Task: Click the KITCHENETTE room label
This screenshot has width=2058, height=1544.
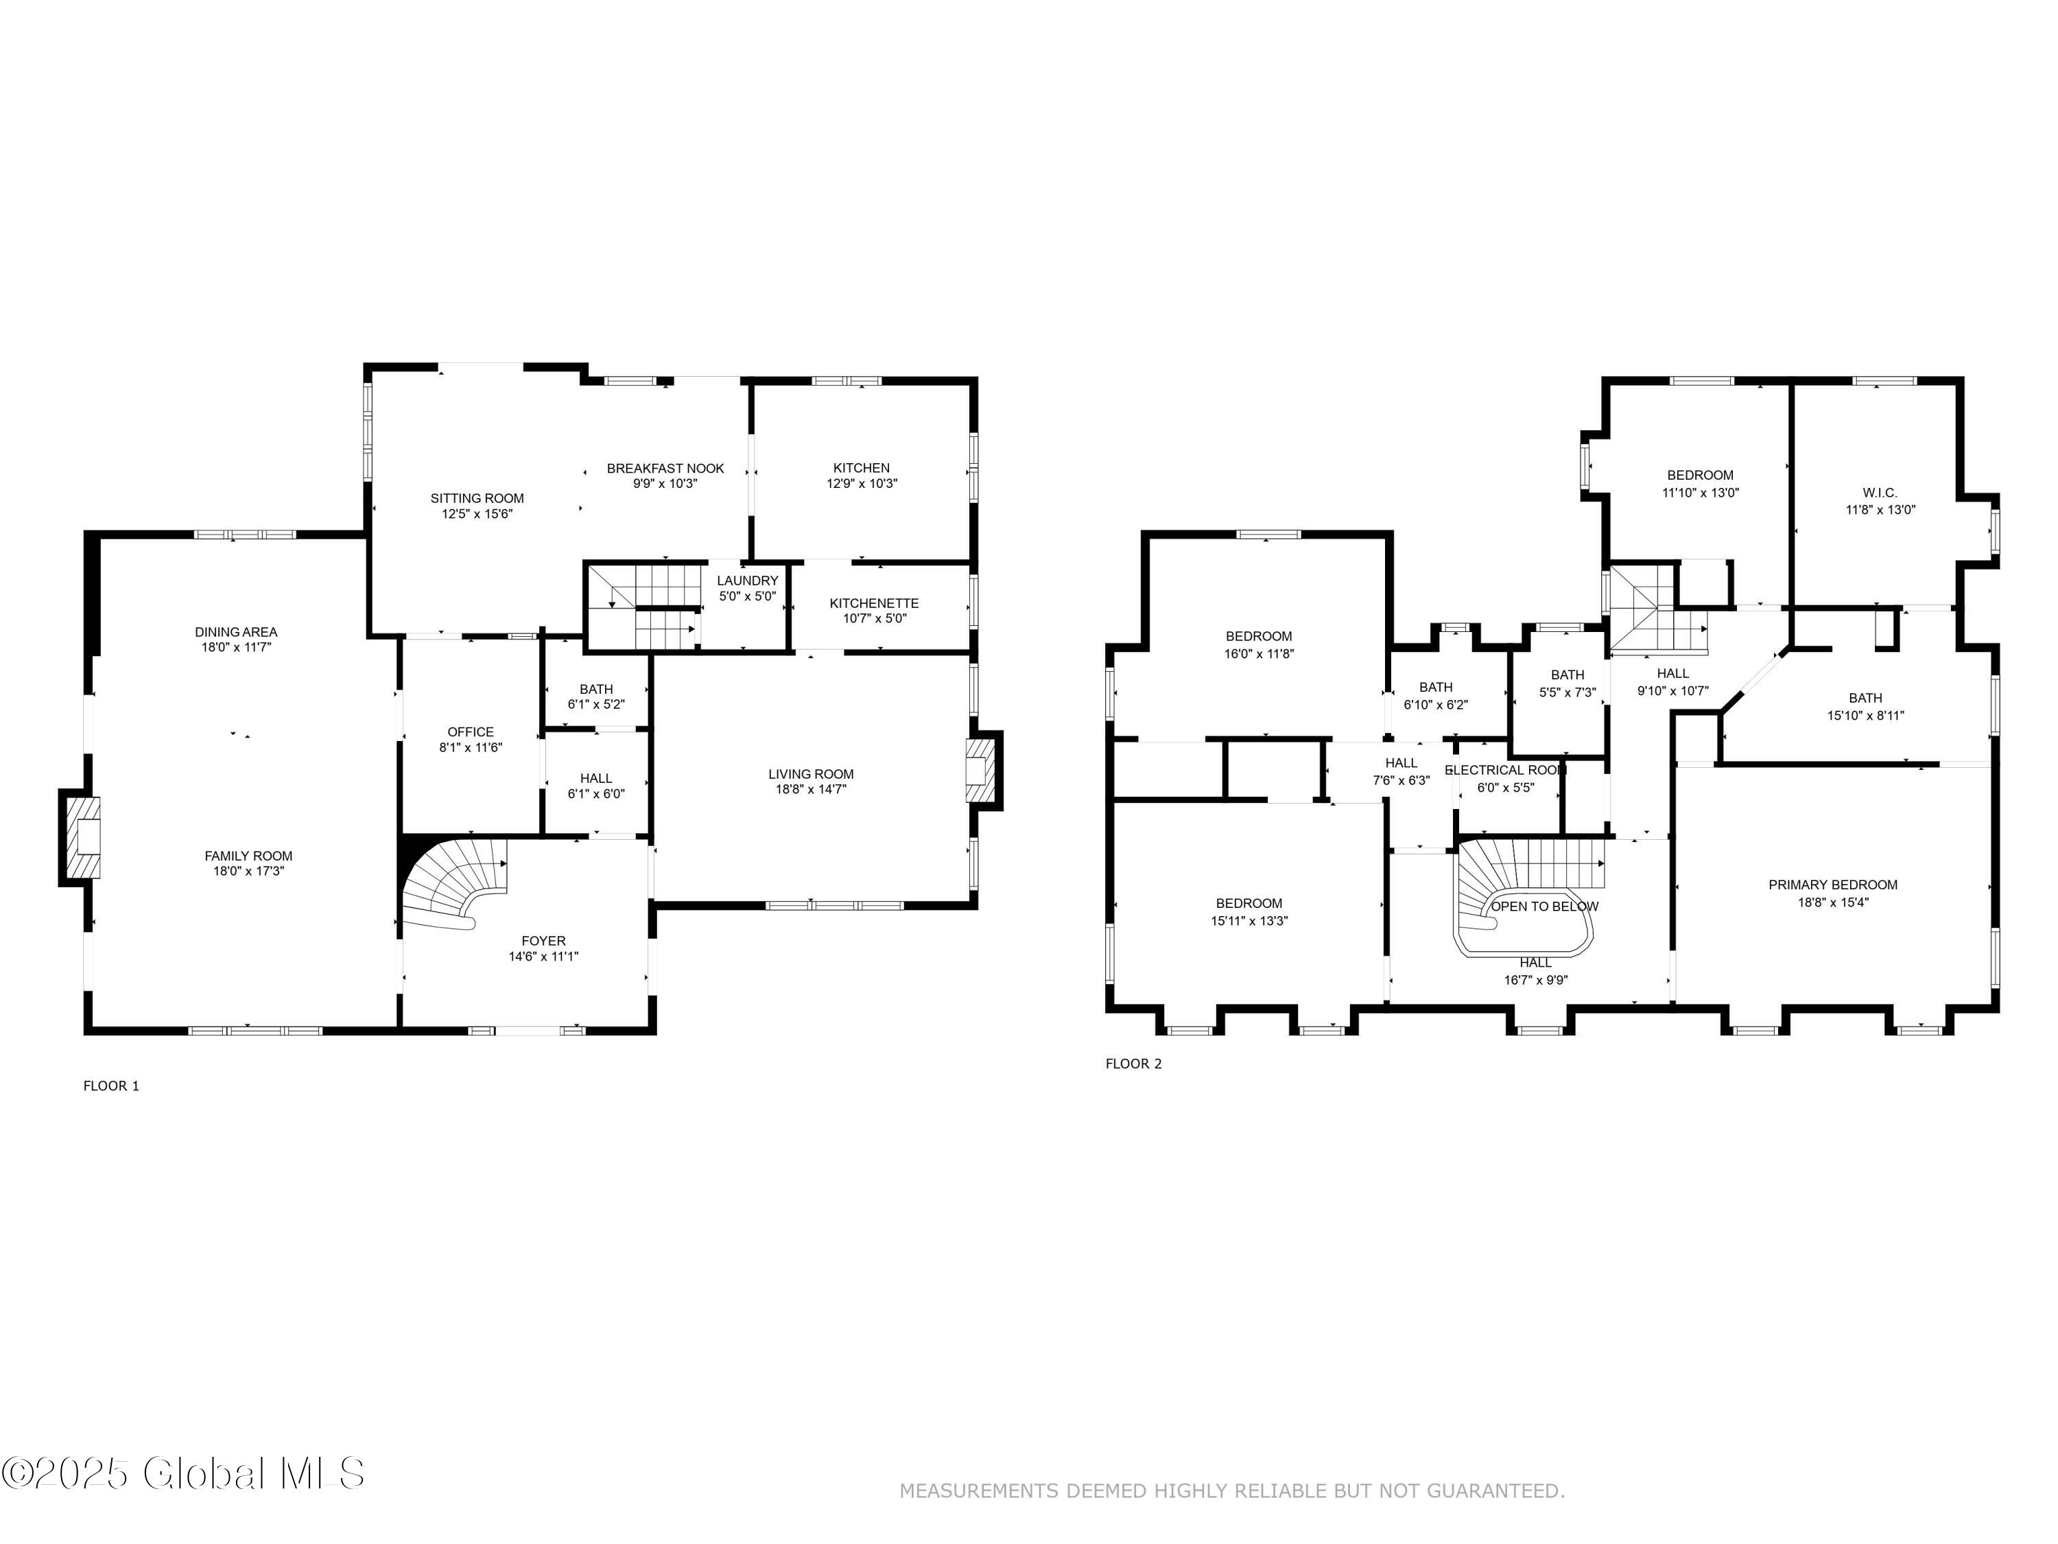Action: point(874,603)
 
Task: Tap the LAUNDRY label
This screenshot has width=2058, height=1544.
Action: point(747,581)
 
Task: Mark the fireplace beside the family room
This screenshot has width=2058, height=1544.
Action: point(82,837)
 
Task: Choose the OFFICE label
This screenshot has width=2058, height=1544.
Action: point(471,732)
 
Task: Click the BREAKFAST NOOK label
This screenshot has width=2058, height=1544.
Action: point(665,468)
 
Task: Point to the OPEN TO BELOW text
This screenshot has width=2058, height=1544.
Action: point(1544,906)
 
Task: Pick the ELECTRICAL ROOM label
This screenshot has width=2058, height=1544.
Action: point(1505,771)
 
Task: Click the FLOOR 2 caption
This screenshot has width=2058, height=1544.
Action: point(1133,1064)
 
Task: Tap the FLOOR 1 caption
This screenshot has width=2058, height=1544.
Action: point(112,1085)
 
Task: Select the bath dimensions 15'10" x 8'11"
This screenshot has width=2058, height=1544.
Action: point(1865,716)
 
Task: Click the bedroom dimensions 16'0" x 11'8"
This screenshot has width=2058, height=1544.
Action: point(1259,654)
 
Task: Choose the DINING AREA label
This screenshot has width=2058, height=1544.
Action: point(236,632)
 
